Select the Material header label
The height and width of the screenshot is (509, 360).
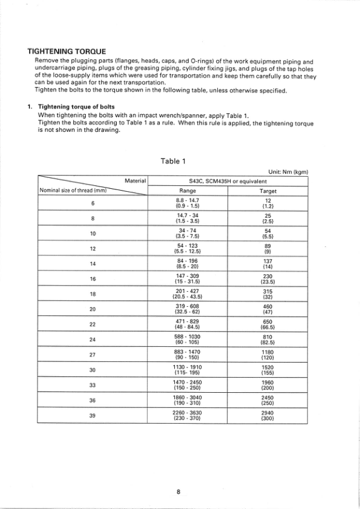(x=135, y=180)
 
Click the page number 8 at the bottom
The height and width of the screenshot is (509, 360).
(x=179, y=491)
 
